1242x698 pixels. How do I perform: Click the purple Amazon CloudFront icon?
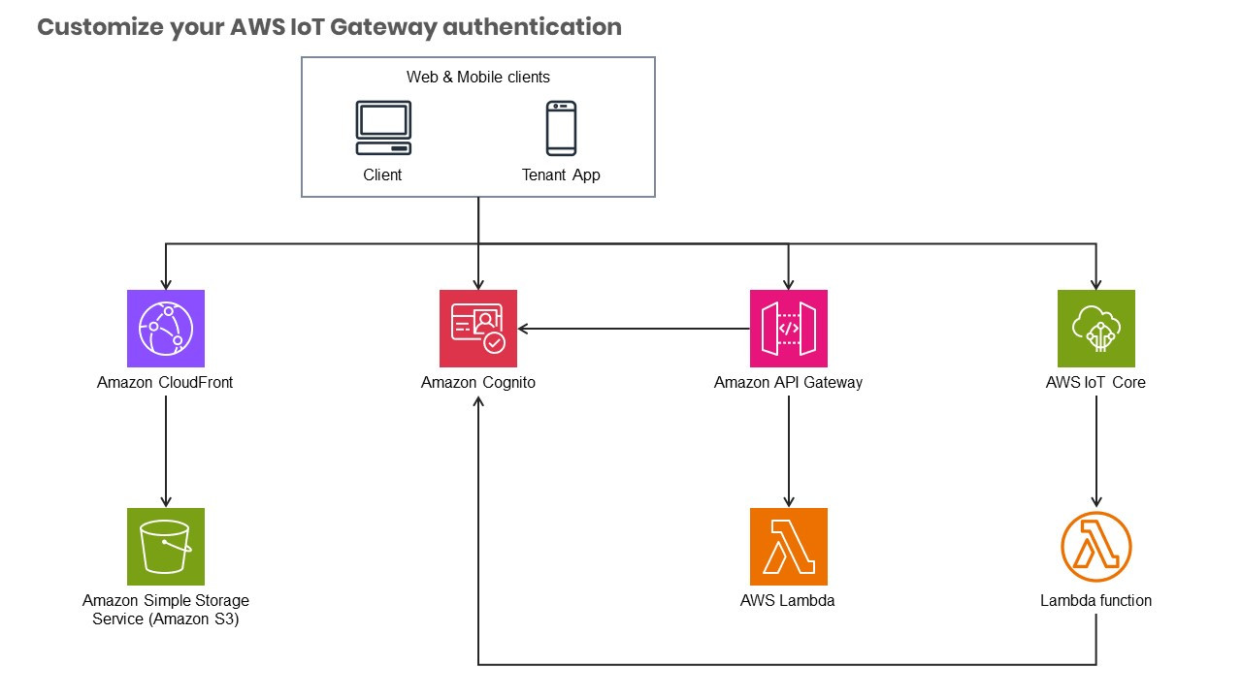point(166,329)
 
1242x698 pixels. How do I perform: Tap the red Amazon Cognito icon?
point(477,329)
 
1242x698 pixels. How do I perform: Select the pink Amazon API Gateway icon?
point(788,329)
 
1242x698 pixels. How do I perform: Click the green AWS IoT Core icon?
point(1095,329)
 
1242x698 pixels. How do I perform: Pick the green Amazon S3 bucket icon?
point(166,547)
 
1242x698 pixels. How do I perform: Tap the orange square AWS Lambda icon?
point(788,547)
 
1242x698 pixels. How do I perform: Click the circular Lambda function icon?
point(1095,547)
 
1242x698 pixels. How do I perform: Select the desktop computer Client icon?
point(382,129)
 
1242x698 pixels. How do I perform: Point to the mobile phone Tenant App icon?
point(561,129)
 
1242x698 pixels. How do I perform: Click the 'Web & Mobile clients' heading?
point(478,77)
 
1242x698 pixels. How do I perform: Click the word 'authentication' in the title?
point(532,26)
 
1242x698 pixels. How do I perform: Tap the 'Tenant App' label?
point(561,175)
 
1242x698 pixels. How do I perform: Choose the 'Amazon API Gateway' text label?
point(788,383)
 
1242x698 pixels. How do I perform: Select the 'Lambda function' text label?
point(1095,601)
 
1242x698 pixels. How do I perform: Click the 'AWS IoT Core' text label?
point(1095,383)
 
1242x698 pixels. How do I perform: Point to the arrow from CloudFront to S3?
point(166,451)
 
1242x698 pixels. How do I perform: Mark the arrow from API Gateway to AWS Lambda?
point(788,451)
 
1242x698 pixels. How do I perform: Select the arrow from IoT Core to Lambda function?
point(1095,451)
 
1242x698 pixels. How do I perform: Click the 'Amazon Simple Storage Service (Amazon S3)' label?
point(166,610)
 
